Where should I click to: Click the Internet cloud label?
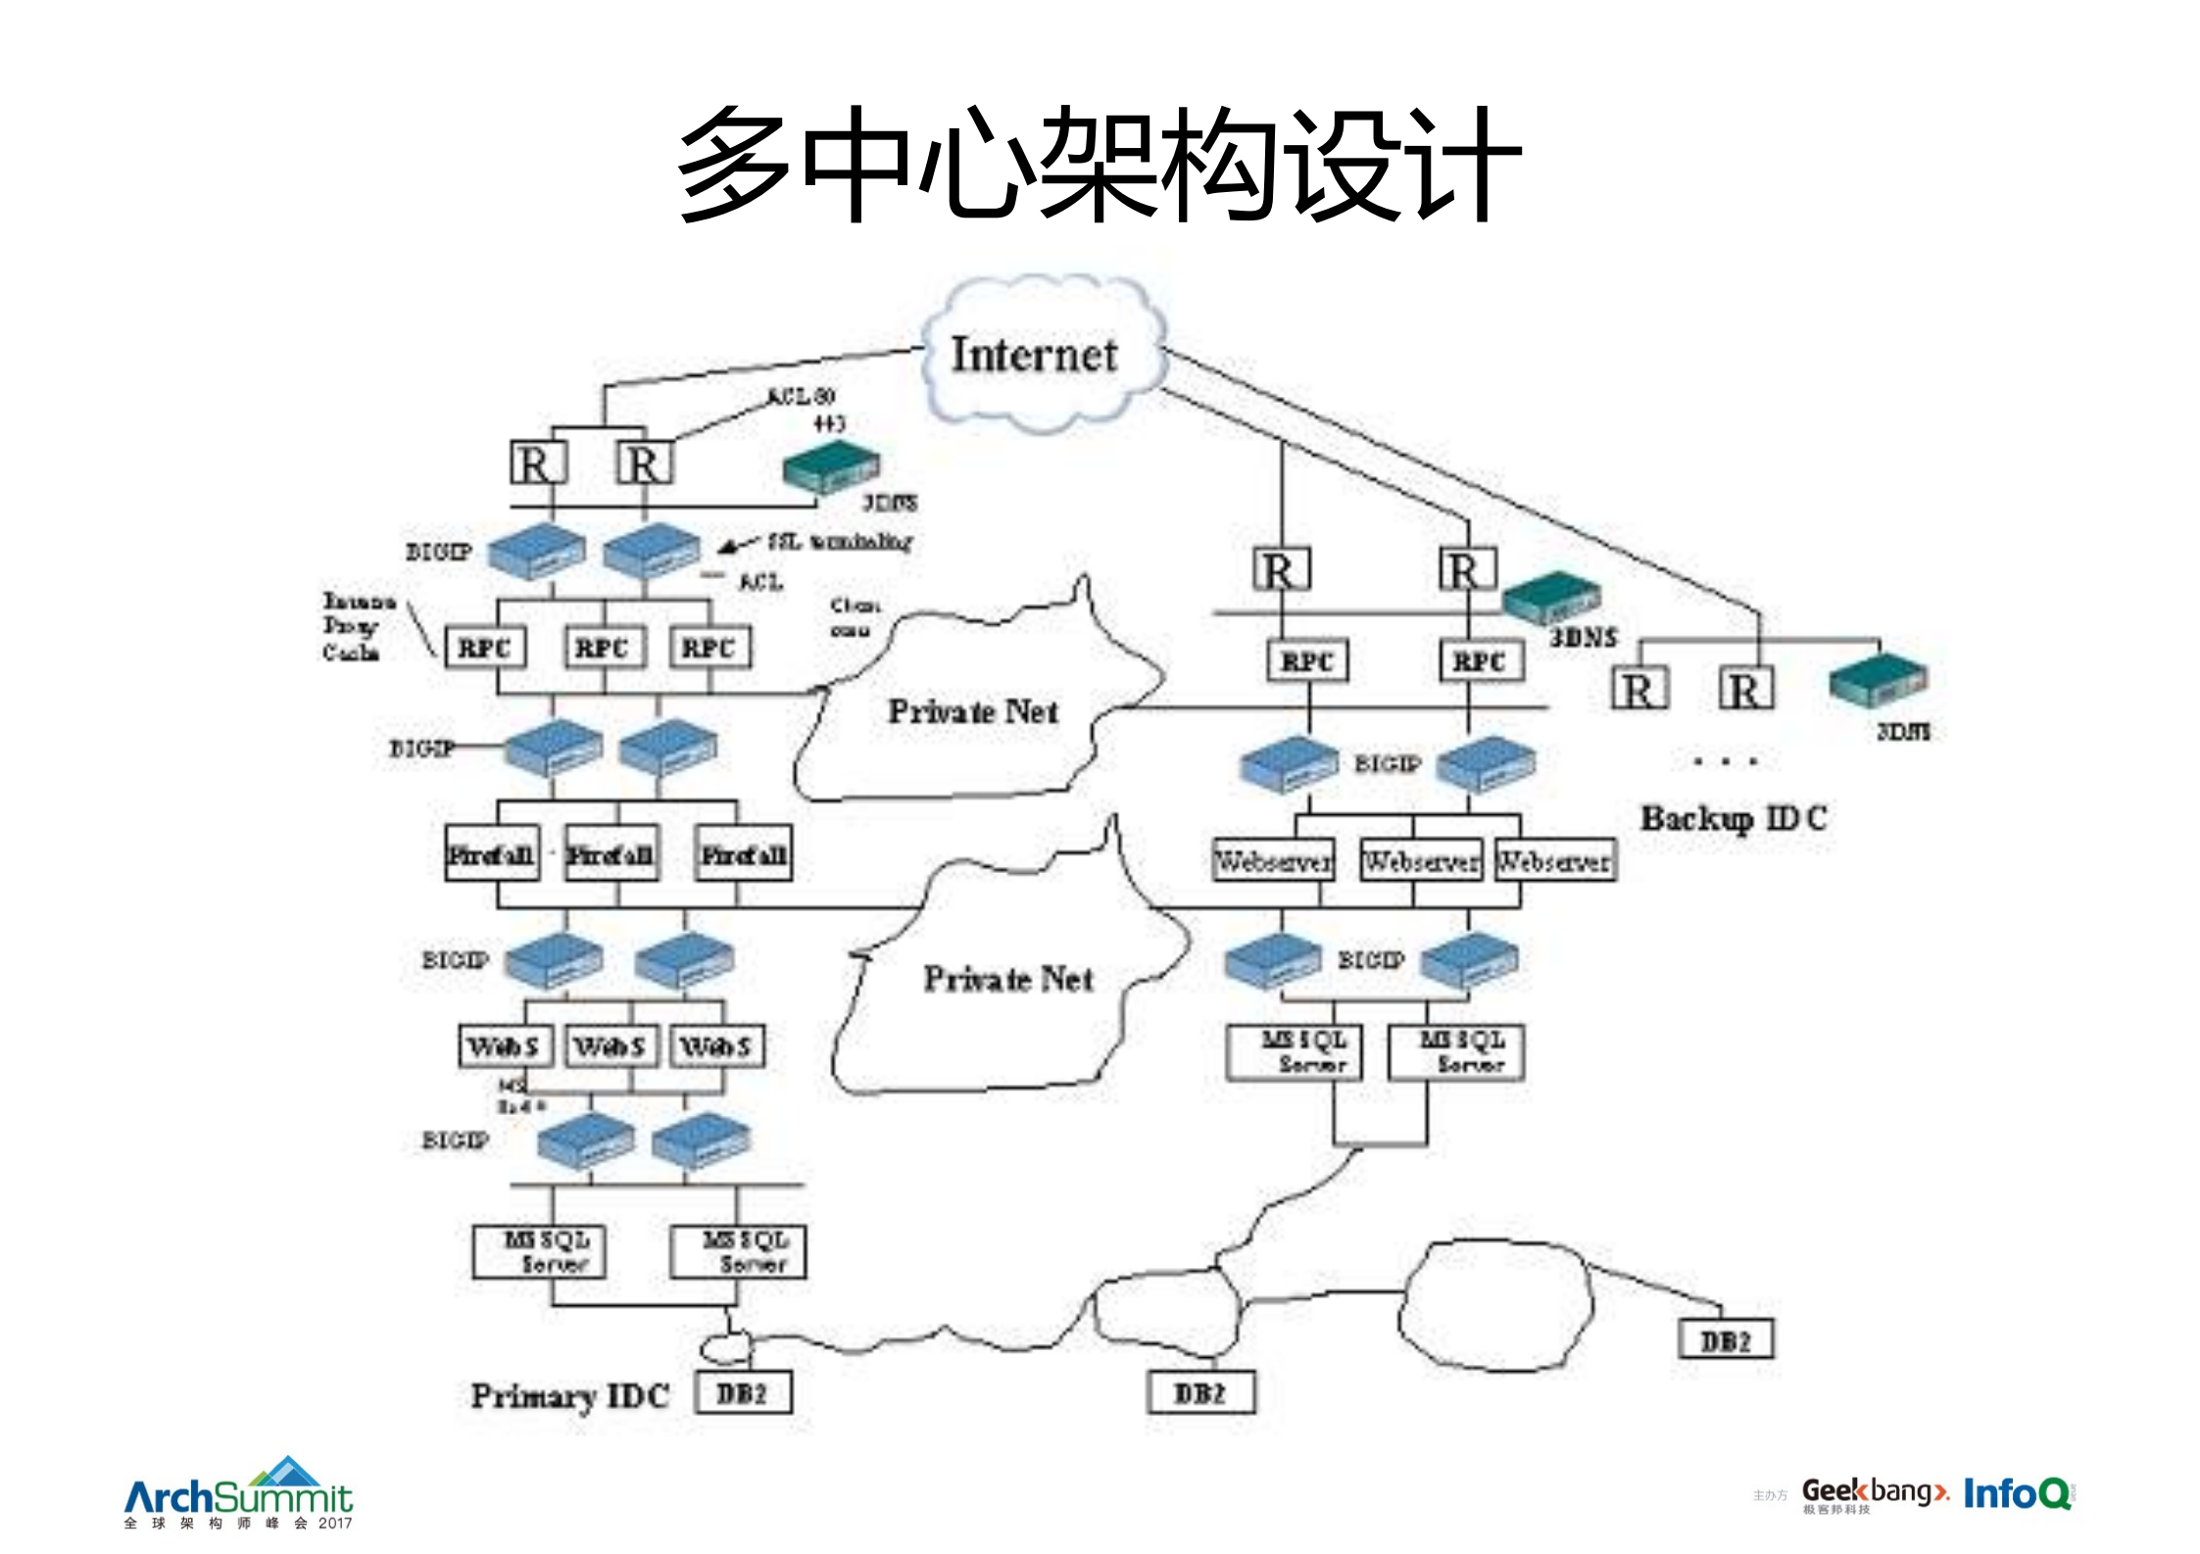pos(1034,355)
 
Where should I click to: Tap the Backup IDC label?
pos(1733,817)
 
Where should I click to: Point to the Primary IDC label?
pos(569,1395)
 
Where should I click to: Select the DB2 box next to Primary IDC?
pos(743,1393)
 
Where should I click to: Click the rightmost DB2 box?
pos(1726,1340)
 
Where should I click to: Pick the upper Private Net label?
pos(973,711)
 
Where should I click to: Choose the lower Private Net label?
pos(1007,978)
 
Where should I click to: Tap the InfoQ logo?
pos(2017,1494)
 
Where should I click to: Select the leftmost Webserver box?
pos(1273,861)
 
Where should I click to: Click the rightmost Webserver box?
pos(1554,861)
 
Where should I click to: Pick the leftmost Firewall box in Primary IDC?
pos(491,854)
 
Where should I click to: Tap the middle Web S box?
pos(610,1046)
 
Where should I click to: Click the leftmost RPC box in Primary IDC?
pos(484,648)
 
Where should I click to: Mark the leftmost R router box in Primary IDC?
pos(538,463)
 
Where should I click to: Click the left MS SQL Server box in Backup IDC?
pos(1295,1052)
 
